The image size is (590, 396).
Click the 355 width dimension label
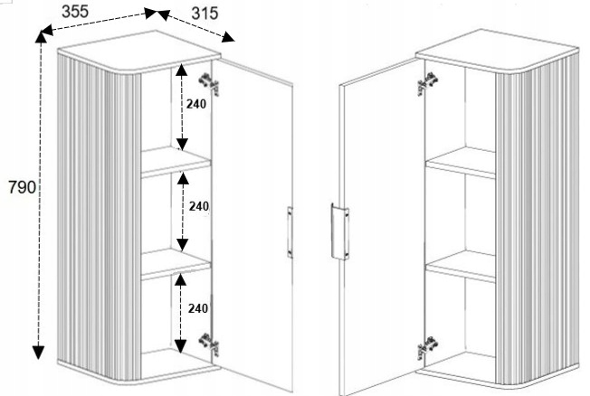point(75,11)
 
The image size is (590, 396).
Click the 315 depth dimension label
point(205,14)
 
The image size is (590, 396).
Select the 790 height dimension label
point(23,187)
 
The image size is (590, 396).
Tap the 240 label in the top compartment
point(196,103)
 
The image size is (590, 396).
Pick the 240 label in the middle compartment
point(199,206)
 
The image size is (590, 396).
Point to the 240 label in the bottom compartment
point(198,308)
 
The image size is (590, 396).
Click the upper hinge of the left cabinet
point(209,84)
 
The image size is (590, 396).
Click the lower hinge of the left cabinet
point(209,344)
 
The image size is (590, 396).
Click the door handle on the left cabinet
point(290,232)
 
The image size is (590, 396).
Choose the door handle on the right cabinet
point(339,231)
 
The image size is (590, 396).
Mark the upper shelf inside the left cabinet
point(176,162)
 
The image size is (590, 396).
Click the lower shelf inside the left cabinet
point(176,264)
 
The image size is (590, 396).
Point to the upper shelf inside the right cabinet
point(461,163)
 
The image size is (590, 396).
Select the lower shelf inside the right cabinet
point(461,266)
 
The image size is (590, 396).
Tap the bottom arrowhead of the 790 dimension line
point(38,352)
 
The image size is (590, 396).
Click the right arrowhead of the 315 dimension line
point(228,37)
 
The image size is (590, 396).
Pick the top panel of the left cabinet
point(138,52)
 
